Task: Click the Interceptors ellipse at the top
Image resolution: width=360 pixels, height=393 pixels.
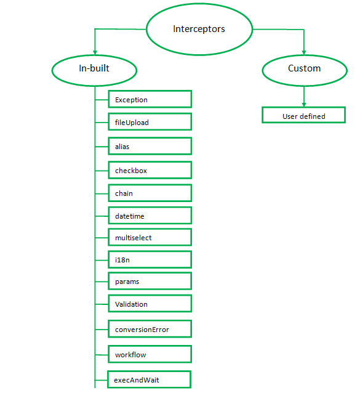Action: pos(199,29)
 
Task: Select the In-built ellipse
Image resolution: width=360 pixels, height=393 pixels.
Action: pos(94,68)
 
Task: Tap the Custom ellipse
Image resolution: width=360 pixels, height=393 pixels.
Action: pos(304,68)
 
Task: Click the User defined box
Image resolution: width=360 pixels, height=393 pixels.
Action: pos(304,116)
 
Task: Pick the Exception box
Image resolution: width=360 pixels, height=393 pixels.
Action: pos(150,100)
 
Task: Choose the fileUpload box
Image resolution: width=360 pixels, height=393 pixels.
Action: pos(150,123)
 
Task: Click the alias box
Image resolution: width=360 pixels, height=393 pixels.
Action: pos(150,147)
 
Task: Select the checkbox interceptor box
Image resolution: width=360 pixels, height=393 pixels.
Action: pos(150,171)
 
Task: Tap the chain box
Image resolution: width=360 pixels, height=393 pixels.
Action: pos(150,193)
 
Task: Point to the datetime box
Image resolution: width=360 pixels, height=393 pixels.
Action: pos(150,216)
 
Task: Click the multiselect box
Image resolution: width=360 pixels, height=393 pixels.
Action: pos(150,238)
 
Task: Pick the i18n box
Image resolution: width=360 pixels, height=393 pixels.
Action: pos(150,260)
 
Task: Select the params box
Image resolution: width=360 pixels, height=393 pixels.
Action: pos(150,282)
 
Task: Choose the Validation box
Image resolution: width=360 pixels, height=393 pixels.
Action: pos(150,304)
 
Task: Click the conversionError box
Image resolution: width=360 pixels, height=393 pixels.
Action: pos(150,330)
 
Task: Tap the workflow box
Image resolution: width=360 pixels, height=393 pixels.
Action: pos(150,355)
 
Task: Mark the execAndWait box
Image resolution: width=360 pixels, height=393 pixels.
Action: pos(150,380)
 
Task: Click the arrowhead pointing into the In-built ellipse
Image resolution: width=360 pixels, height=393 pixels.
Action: pos(94,51)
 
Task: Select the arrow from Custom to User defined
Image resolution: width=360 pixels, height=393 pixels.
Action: pos(304,97)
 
